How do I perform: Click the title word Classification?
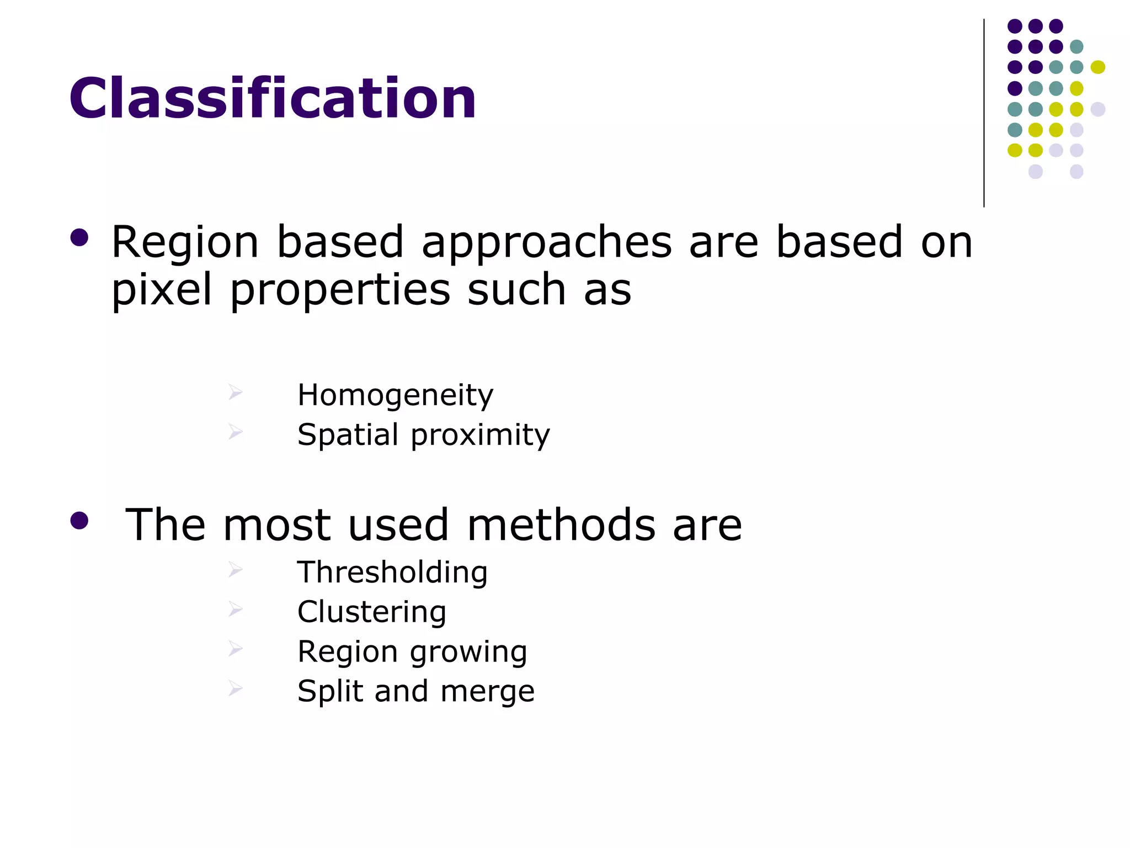coord(273,98)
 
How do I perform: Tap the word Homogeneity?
coord(395,395)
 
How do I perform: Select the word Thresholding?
coord(392,572)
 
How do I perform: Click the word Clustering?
coord(371,612)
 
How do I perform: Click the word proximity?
coord(481,436)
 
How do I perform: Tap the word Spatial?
coord(348,436)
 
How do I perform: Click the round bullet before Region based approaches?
coord(79,238)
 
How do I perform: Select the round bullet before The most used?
coord(79,521)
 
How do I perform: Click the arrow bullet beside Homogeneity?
coord(236,393)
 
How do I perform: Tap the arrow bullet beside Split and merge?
coord(236,688)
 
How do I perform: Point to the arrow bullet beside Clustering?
coord(236,609)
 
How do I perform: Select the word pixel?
coord(162,290)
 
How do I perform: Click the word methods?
coord(561,525)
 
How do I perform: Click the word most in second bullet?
coord(276,525)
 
